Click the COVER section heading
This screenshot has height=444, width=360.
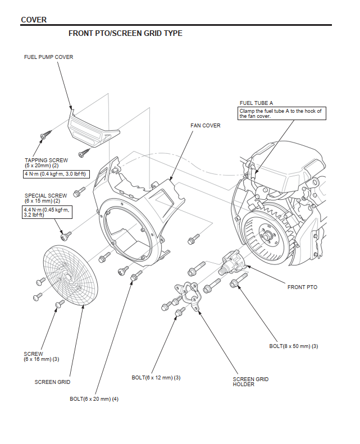click(x=34, y=20)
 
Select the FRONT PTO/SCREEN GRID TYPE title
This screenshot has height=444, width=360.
click(x=125, y=34)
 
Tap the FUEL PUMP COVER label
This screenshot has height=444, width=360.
click(x=48, y=57)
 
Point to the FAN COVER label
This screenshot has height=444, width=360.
click(x=206, y=126)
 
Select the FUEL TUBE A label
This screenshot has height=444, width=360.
click(x=256, y=103)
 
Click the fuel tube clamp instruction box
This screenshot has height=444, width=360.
click(x=281, y=113)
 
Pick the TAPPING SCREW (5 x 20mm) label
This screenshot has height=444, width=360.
click(x=46, y=163)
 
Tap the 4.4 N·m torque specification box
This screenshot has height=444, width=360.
click(x=45, y=212)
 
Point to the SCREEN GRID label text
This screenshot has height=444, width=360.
click(x=52, y=382)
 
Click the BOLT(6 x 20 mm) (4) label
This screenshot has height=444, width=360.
click(x=94, y=399)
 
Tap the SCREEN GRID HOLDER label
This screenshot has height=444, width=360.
click(x=250, y=382)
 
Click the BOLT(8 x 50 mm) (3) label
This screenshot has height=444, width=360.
click(x=294, y=346)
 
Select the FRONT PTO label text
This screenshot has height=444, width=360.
click(x=302, y=287)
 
